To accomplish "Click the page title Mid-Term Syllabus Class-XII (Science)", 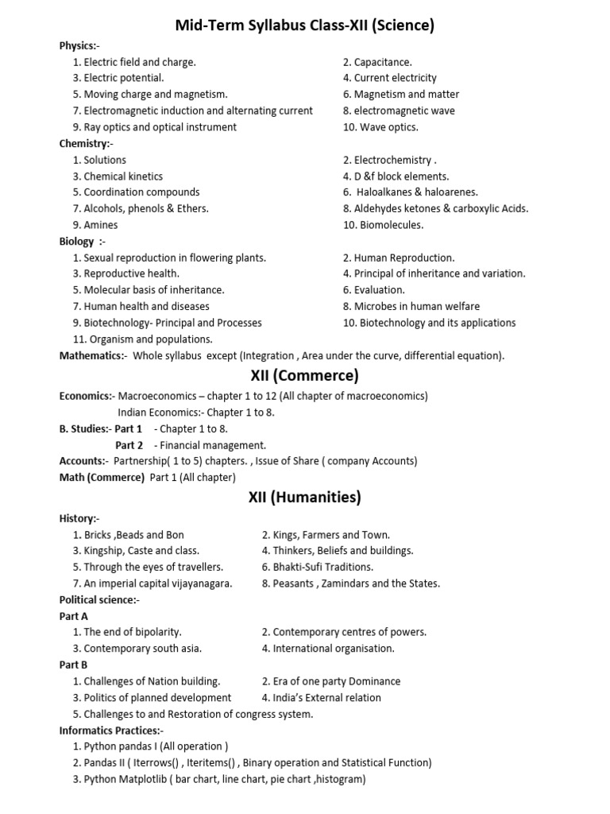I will pyautogui.click(x=305, y=26).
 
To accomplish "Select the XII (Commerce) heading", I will pyautogui.click(x=304, y=375).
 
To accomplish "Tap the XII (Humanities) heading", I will pyautogui.click(x=304, y=498).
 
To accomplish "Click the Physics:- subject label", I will pyautogui.click(x=79, y=45).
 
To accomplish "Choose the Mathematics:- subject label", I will pyautogui.click(x=93, y=355).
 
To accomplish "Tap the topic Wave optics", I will pyautogui.click(x=380, y=127).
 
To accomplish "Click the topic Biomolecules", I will pyautogui.click(x=384, y=225).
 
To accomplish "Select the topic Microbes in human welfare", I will pyautogui.click(x=411, y=306).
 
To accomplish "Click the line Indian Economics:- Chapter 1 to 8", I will pyautogui.click(x=196, y=413).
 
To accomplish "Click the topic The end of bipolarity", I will pyautogui.click(x=127, y=632).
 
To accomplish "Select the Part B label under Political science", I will pyautogui.click(x=74, y=665).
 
